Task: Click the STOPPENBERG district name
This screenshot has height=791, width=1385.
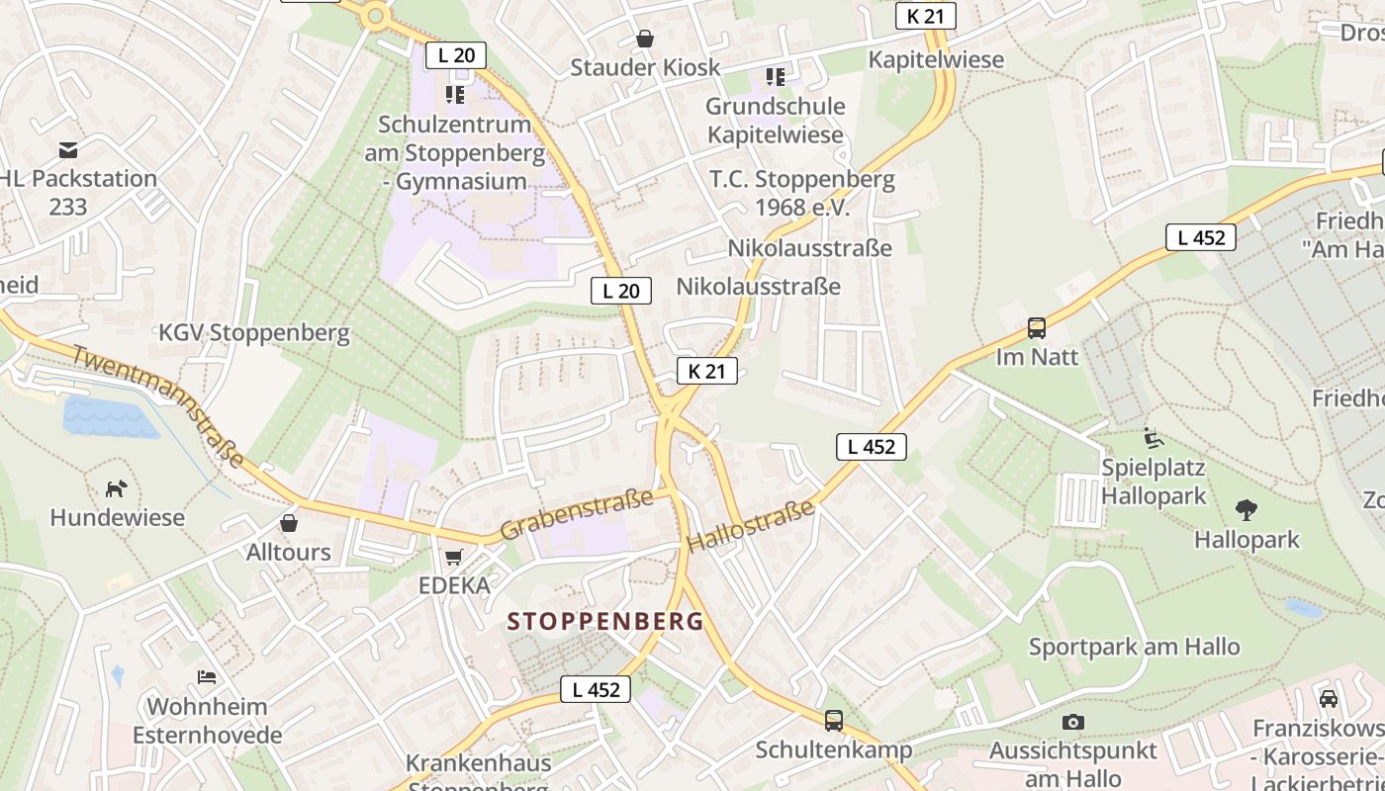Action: click(605, 622)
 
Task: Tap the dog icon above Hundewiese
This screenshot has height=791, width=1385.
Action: click(117, 488)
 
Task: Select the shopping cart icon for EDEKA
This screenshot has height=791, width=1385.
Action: click(454, 558)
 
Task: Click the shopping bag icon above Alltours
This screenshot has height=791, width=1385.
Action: click(289, 522)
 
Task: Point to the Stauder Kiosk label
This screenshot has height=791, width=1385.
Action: click(645, 67)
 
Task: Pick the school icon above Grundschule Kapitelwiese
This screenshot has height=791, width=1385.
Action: click(776, 76)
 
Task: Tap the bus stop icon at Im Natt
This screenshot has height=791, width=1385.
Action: click(1037, 328)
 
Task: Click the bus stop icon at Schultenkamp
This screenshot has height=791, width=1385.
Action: click(834, 721)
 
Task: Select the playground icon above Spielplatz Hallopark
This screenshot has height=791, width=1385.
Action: click(1154, 437)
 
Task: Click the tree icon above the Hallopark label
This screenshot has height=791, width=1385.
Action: click(1246, 510)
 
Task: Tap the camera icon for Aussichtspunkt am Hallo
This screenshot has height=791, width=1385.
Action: click(1072, 723)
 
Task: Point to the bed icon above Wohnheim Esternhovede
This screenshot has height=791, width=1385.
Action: click(207, 677)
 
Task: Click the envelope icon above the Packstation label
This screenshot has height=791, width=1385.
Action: click(68, 150)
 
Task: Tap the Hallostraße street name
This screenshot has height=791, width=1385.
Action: click(750, 526)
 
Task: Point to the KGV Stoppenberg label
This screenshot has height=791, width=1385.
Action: click(254, 333)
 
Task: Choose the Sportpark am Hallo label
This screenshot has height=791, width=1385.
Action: click(1134, 648)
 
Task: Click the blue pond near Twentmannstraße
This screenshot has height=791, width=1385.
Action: click(109, 416)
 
